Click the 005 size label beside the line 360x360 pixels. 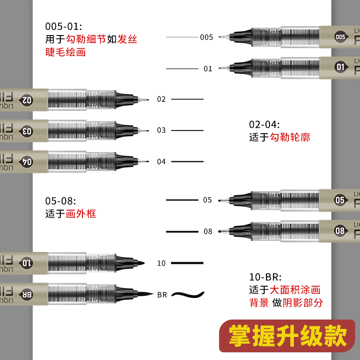coord(207,37)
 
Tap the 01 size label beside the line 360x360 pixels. coord(207,69)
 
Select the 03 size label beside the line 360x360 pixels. coord(162,130)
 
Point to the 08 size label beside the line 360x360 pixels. coord(207,232)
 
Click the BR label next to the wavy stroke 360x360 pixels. coord(162,295)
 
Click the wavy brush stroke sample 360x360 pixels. coord(187,295)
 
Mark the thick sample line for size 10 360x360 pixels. coord(187,263)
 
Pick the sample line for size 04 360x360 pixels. coord(187,162)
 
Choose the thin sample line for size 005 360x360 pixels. coord(182,37)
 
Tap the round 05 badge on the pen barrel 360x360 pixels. coord(340,200)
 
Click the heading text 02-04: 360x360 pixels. coord(265,124)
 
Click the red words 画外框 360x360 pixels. coord(81,214)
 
